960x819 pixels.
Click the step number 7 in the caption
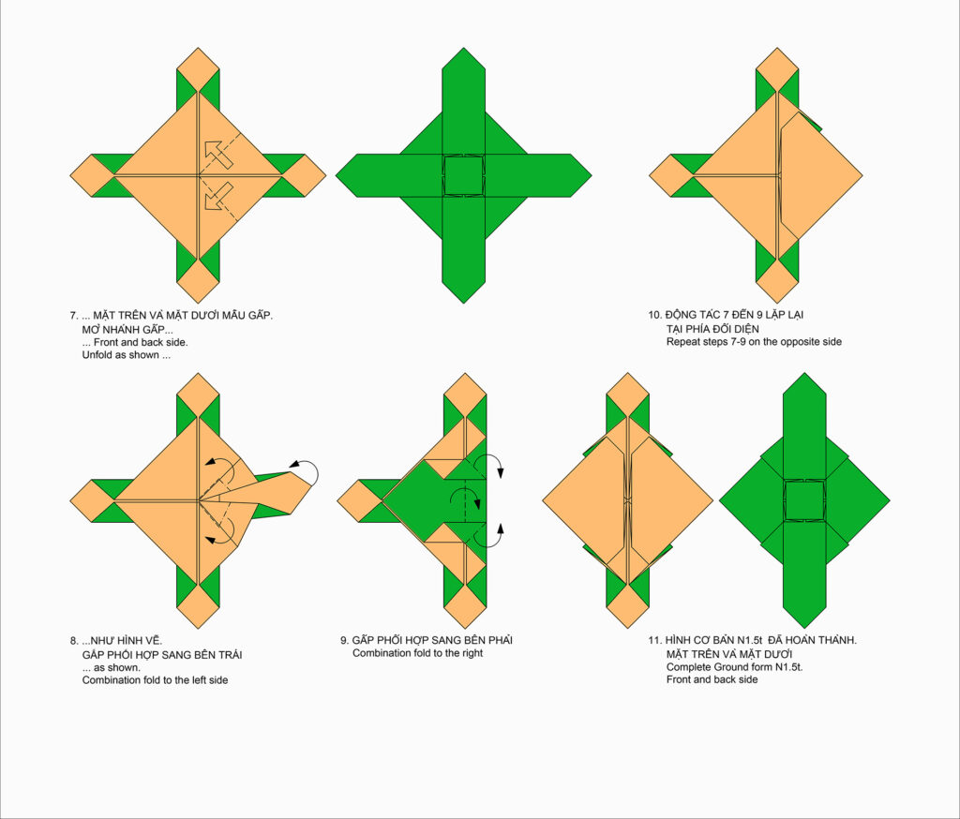coord(73,316)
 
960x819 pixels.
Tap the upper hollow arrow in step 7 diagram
coord(217,154)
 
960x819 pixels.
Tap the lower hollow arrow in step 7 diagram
coord(217,196)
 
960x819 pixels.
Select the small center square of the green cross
coord(463,175)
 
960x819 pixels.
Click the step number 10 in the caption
coord(654,315)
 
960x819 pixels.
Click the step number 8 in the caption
coord(73,641)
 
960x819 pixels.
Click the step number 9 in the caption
coord(344,641)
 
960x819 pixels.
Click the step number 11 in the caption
coord(654,640)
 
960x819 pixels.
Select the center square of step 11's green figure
coord(804,500)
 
